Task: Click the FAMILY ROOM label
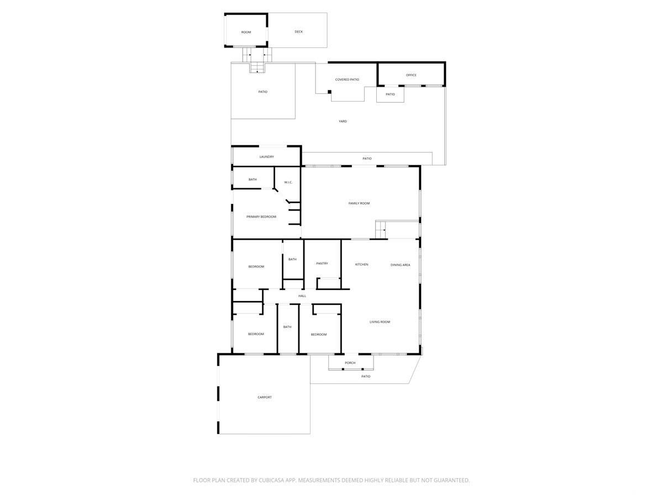coord(359,203)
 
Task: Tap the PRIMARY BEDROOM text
coord(261,216)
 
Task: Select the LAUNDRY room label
coord(267,157)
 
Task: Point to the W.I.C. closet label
coord(288,182)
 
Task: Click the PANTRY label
coord(322,263)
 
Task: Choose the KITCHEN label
coord(361,265)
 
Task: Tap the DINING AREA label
coord(400,265)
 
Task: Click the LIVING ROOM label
coord(380,322)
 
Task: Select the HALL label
coord(302,296)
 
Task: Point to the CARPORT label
coord(265,398)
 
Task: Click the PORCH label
coord(350,363)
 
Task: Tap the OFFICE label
coord(411,75)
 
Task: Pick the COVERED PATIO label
coord(347,80)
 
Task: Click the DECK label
coord(299,31)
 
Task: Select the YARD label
coord(343,121)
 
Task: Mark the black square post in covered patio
coord(329,92)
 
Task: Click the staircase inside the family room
coord(381,230)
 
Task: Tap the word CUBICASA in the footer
coord(271,480)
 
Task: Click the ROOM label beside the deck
coord(246,32)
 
